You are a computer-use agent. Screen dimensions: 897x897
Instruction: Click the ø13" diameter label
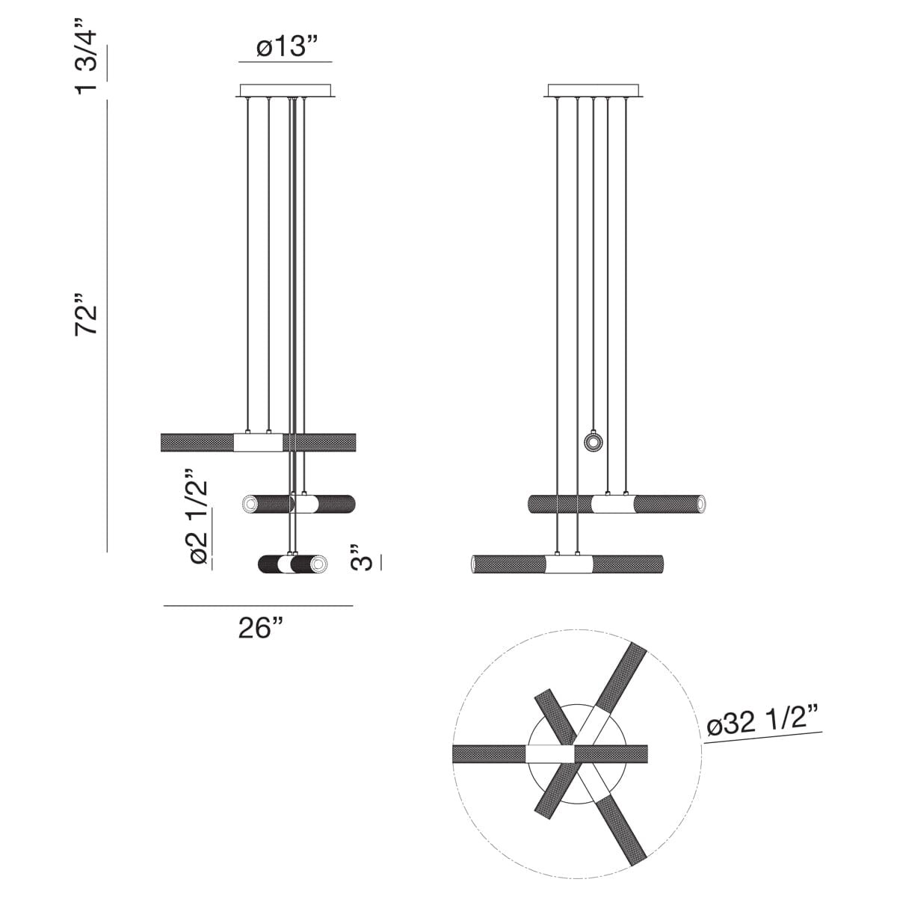click(x=287, y=46)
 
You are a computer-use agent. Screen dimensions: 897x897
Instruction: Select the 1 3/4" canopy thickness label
click(x=87, y=56)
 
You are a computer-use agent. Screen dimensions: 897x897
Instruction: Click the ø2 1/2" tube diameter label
click(x=199, y=517)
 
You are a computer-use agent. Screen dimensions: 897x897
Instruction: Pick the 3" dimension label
click(x=361, y=557)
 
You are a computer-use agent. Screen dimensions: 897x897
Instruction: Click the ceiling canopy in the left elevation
click(x=286, y=90)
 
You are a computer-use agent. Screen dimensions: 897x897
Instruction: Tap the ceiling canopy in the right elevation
click(x=594, y=90)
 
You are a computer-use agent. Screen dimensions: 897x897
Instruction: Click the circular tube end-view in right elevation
click(x=594, y=443)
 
